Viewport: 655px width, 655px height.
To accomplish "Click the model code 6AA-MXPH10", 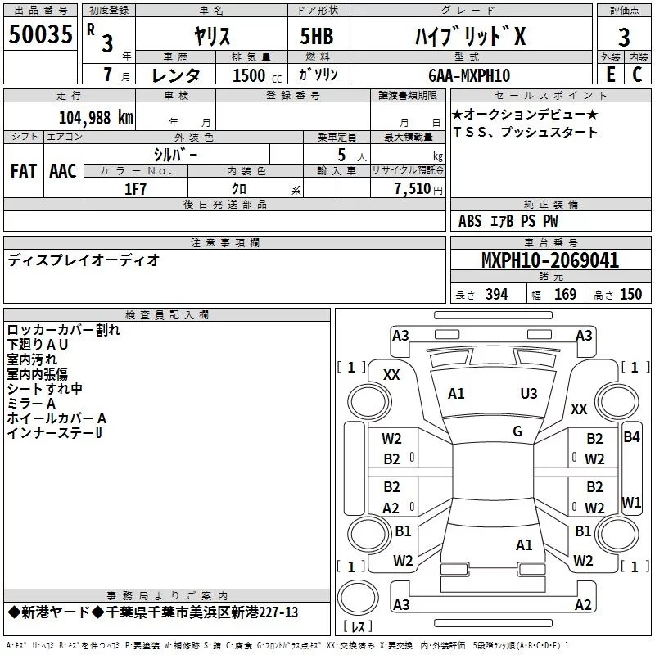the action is tap(468, 75).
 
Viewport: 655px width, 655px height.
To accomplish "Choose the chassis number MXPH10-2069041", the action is tap(550, 261).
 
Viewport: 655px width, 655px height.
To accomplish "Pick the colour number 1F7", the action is tap(136, 188).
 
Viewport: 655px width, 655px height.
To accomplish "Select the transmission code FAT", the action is tap(24, 170).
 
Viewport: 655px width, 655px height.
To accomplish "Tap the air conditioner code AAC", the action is tap(62, 170).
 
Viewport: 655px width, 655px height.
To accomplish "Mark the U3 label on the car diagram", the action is tap(529, 393).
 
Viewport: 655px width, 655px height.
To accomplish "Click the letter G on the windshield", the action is tap(517, 431).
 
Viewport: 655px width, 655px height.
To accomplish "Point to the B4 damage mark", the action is tap(631, 436).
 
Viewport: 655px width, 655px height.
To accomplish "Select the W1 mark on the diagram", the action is tap(631, 501).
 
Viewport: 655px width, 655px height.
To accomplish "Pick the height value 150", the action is tap(630, 295).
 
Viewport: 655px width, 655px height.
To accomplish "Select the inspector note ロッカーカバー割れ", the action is tap(63, 330).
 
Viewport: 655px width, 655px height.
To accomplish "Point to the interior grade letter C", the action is tap(637, 75).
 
